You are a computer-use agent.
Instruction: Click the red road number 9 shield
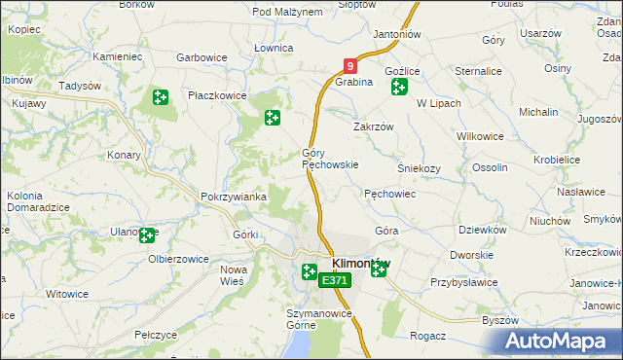(x=350, y=66)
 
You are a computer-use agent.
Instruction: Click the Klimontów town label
(x=361, y=264)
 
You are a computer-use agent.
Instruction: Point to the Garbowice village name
(x=202, y=57)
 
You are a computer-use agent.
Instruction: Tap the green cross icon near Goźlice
(x=399, y=89)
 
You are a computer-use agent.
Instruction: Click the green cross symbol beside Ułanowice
(x=147, y=234)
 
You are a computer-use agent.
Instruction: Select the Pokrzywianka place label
(x=233, y=197)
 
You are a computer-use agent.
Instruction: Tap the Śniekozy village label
(x=420, y=167)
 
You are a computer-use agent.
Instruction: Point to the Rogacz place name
(x=427, y=336)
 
